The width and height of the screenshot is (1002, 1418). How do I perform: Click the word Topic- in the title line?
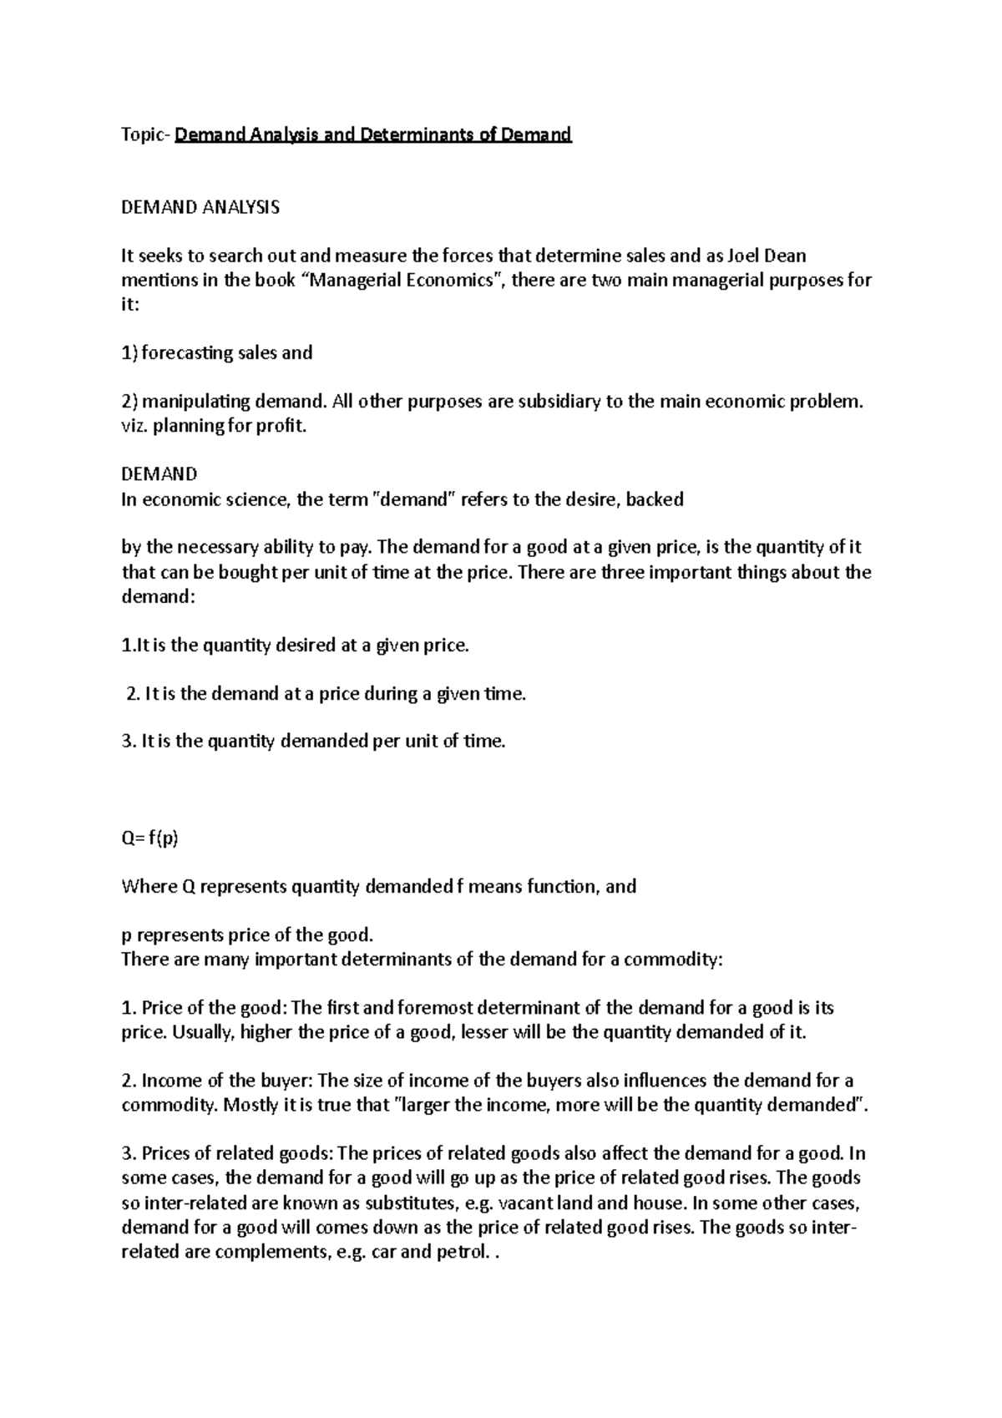pos(145,134)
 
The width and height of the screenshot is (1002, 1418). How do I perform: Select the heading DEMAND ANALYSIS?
pos(200,207)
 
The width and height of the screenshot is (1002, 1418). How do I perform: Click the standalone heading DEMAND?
pos(159,474)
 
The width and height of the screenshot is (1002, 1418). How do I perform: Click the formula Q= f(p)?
pos(150,838)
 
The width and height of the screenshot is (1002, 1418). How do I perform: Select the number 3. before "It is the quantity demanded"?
pos(128,741)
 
